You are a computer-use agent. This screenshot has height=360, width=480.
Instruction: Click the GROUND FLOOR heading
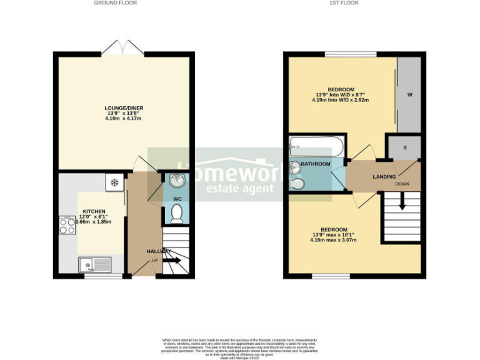click(115, 3)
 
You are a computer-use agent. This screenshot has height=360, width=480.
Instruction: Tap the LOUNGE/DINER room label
click(122, 107)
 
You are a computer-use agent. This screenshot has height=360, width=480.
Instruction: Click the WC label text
click(176, 199)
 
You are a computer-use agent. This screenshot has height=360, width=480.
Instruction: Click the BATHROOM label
click(316, 164)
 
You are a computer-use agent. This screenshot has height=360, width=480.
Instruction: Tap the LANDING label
click(384, 177)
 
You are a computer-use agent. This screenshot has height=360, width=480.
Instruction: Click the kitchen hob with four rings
click(67, 225)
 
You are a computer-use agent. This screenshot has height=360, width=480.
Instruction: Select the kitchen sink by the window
click(95, 264)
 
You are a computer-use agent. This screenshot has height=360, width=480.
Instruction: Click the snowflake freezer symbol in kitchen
click(114, 182)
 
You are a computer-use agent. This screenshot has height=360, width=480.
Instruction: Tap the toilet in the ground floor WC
click(176, 215)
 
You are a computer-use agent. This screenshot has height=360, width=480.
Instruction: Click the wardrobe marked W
click(409, 95)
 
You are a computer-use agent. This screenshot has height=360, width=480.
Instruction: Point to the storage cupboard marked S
click(404, 147)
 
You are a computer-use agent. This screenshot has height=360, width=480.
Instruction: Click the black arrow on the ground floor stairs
click(173, 260)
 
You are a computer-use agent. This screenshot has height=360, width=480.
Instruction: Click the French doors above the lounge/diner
click(122, 47)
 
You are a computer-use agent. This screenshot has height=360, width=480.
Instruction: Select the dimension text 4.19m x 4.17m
click(122, 119)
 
